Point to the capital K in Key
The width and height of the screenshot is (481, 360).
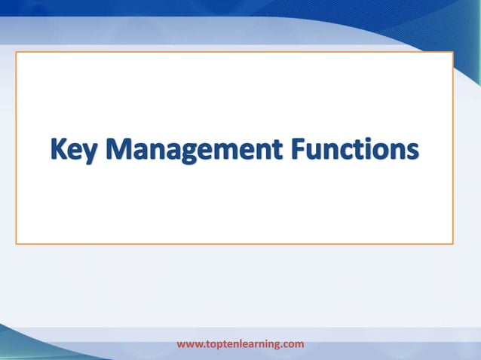[60, 148]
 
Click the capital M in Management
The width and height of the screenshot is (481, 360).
[121, 148]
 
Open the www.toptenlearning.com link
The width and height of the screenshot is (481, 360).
[240, 344]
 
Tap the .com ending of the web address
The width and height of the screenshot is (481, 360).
[293, 344]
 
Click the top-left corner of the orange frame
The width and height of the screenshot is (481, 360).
[17, 53]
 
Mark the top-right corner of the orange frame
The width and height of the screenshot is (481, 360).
[452, 53]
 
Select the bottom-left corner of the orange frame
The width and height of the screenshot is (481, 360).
[17, 243]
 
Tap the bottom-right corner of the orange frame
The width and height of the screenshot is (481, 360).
[452, 243]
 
